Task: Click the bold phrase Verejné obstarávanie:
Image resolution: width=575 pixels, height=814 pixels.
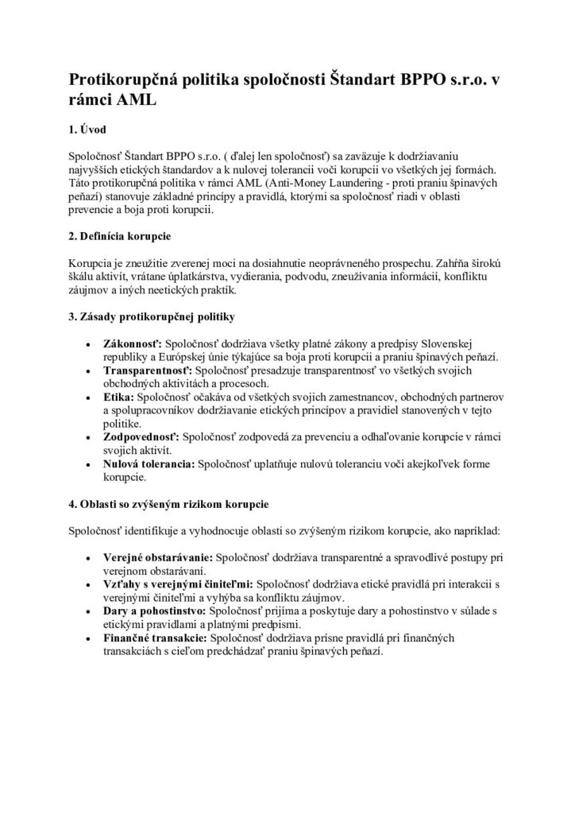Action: pos(157,558)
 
